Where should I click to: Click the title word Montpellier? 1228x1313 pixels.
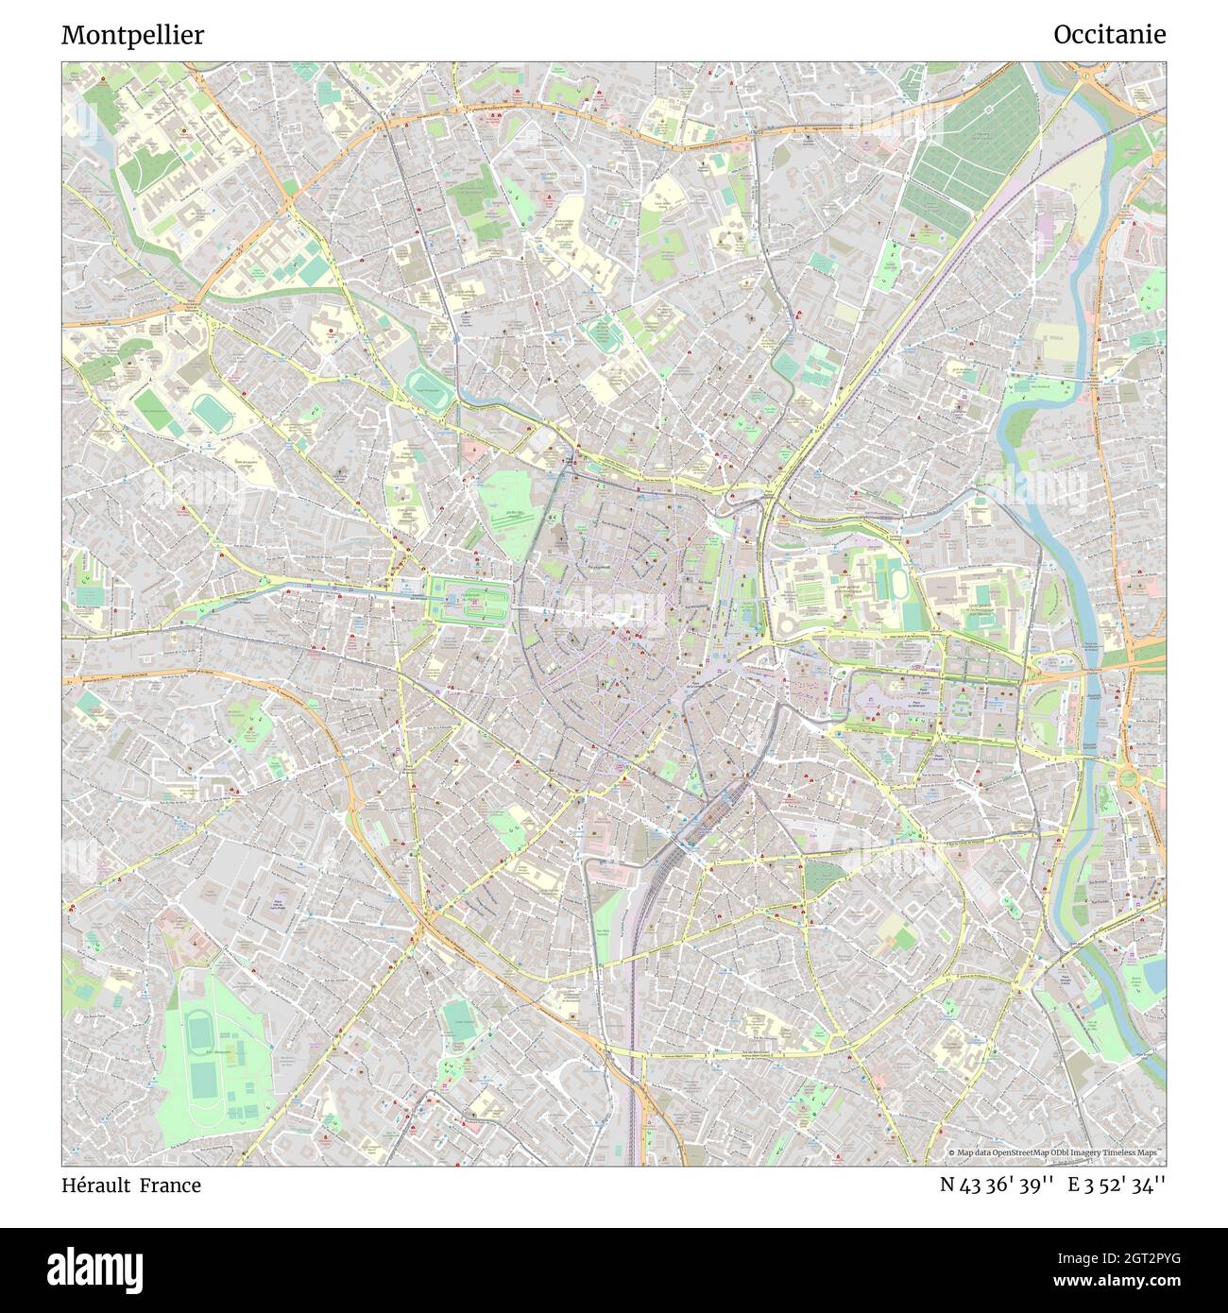click(x=132, y=35)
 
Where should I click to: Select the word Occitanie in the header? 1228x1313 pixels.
click(x=1109, y=35)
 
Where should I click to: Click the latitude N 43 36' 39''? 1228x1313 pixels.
click(x=997, y=1185)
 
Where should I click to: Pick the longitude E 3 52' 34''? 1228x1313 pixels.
click(x=1117, y=1185)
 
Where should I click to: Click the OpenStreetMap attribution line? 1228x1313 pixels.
click(x=1055, y=1153)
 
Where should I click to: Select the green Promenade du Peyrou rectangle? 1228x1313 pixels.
click(x=469, y=599)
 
